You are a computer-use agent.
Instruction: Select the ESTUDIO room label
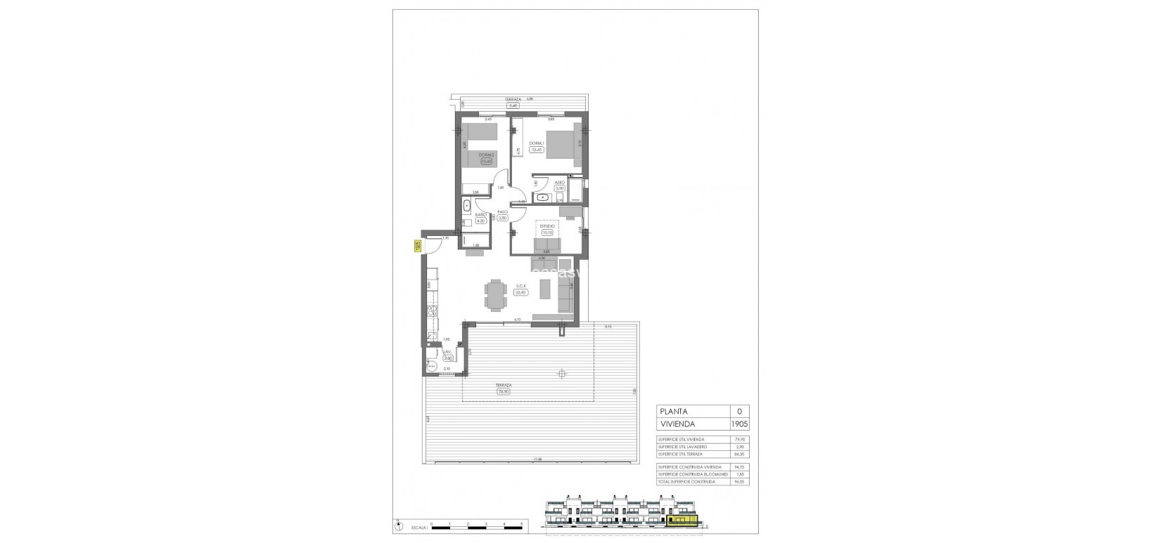(x=548, y=226)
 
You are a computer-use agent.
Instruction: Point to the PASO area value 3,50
(x=503, y=218)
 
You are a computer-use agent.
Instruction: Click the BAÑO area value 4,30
(x=481, y=221)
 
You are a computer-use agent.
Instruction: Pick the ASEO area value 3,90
(x=560, y=188)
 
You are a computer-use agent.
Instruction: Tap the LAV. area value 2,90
(x=447, y=358)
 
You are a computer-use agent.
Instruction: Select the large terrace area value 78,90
(x=503, y=392)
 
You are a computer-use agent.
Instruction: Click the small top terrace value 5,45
(x=513, y=105)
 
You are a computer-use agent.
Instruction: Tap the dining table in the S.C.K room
(x=497, y=294)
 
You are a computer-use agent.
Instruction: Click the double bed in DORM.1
(x=563, y=149)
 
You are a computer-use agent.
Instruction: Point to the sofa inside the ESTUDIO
(x=546, y=245)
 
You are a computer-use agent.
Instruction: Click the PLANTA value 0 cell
(x=738, y=412)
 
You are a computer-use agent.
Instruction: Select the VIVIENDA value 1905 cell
(x=738, y=424)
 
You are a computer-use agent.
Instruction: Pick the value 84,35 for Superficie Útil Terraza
(x=738, y=454)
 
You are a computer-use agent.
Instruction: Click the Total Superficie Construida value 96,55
(x=738, y=482)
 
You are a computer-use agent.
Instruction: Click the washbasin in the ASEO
(x=541, y=198)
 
